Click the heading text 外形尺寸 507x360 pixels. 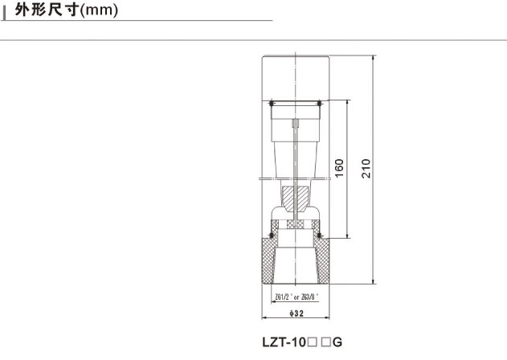[x=47, y=12]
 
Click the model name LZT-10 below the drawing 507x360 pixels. [x=284, y=342]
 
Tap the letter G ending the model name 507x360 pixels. [x=338, y=342]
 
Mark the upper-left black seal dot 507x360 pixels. [x=272, y=104]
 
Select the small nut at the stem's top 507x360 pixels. [x=296, y=125]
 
